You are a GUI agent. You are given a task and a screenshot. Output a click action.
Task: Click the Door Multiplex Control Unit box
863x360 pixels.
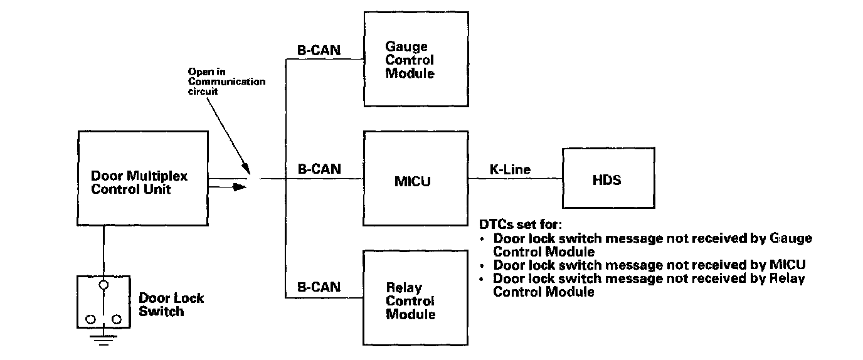pos(142,178)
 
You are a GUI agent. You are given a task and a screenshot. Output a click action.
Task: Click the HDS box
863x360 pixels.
pos(606,180)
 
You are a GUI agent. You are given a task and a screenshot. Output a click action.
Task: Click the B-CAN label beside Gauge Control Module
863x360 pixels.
pos(319,50)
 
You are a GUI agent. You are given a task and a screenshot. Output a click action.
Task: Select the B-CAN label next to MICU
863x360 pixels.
pos(319,169)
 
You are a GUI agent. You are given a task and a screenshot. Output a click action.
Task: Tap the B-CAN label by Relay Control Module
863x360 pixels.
pos(319,287)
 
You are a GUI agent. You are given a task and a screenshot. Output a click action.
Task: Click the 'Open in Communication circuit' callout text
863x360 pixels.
pos(226,82)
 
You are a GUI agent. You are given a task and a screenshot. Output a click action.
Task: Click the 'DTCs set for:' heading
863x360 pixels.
pos(520,225)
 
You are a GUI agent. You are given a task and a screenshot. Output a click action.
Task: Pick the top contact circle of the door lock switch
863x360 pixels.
pos(104,285)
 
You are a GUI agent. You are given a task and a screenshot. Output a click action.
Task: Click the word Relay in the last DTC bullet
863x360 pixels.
pos(788,278)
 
